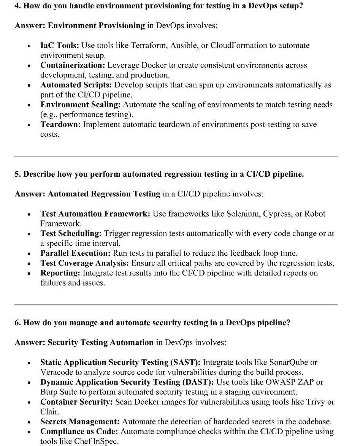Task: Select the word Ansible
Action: (184, 46)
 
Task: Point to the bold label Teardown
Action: (60, 125)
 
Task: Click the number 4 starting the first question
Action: (17, 6)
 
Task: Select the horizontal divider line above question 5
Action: (176, 156)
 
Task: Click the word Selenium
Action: (243, 214)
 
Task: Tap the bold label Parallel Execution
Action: (75, 253)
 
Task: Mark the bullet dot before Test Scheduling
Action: (29, 234)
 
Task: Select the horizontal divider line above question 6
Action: (176, 305)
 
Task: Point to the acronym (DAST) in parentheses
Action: (194, 382)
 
